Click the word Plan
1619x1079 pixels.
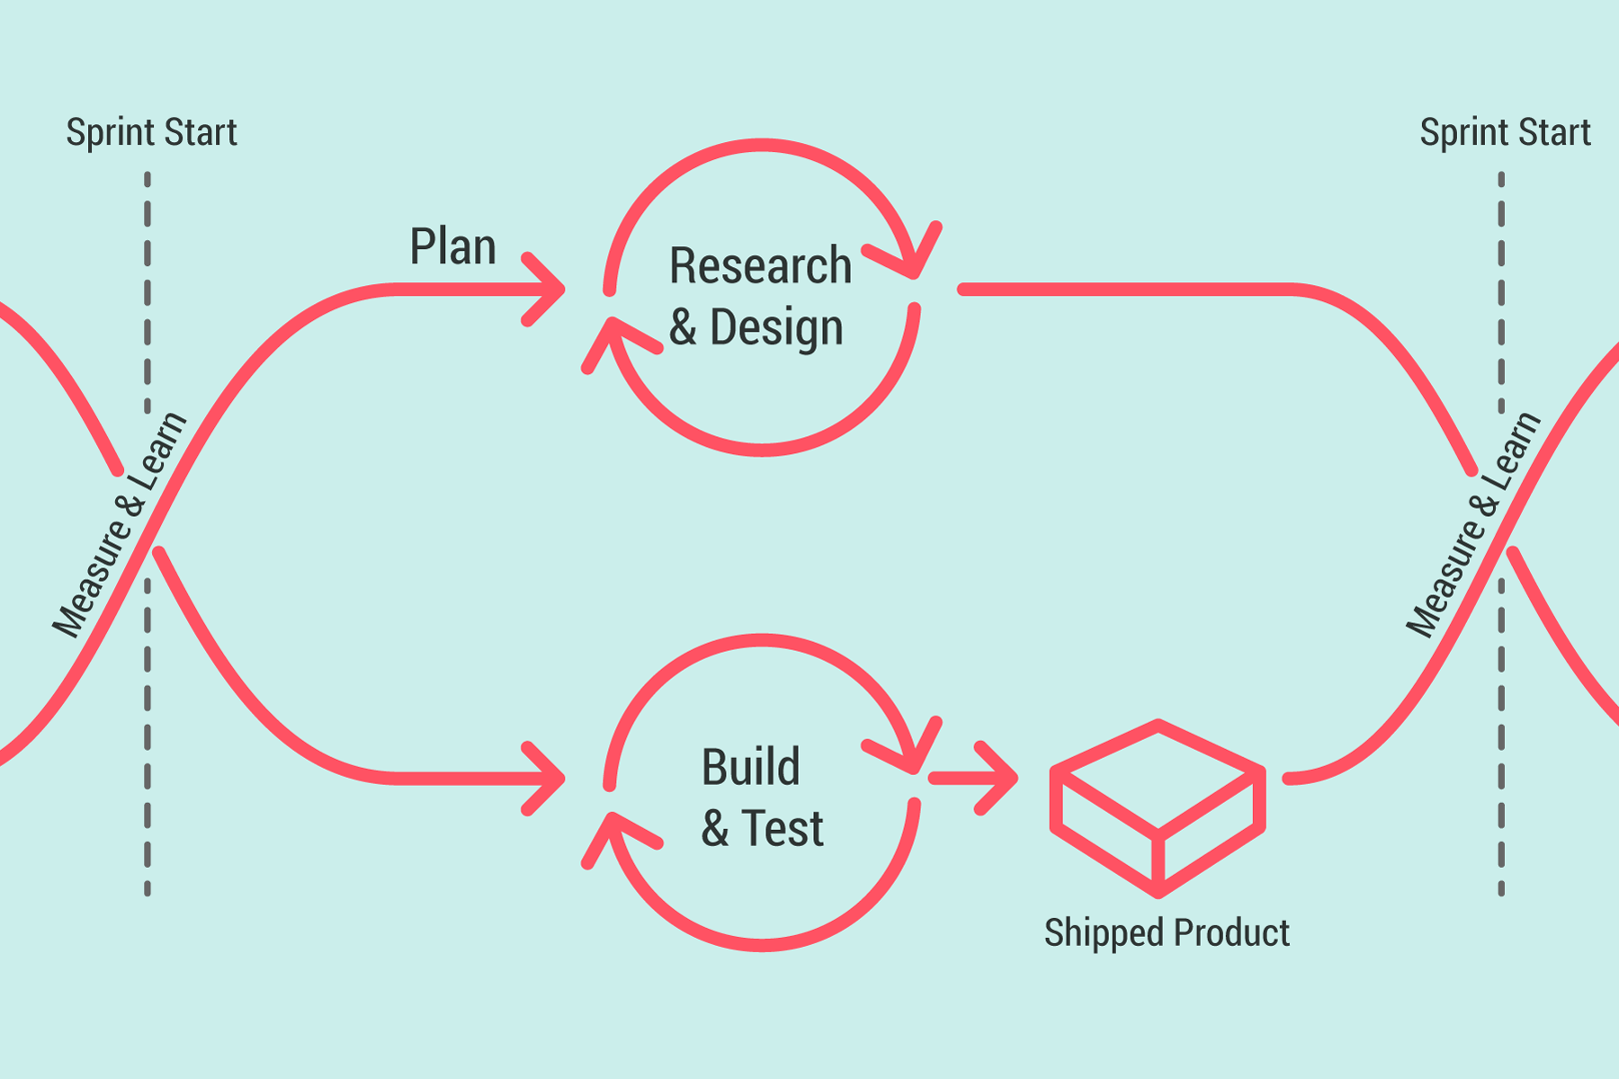[452, 246]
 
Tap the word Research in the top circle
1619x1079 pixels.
[760, 266]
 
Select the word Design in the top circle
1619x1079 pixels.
[776, 327]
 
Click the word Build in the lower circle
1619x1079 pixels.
[750, 767]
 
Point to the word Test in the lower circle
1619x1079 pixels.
[782, 828]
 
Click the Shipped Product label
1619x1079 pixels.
[1167, 932]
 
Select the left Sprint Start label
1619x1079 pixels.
[151, 132]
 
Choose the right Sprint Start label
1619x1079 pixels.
[1505, 132]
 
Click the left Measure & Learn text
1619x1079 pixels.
[119, 525]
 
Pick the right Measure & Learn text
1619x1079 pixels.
[1473, 525]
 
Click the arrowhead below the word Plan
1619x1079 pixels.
[545, 290]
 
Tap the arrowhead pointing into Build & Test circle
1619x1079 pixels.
[545, 779]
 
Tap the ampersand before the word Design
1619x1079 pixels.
[683, 327]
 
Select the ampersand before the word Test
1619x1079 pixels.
[715, 828]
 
